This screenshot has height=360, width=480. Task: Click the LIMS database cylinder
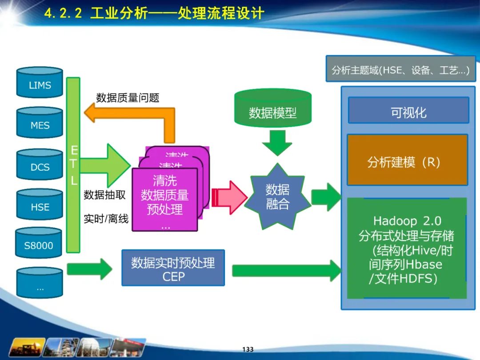pyautogui.click(x=40, y=83)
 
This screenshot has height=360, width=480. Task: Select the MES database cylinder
pyautogui.click(x=40, y=124)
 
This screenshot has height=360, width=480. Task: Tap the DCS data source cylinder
pyautogui.click(x=40, y=165)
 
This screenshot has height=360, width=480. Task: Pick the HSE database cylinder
pyautogui.click(x=40, y=205)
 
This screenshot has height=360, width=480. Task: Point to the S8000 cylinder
pyautogui.click(x=38, y=244)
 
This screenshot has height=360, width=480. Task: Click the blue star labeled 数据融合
pyautogui.click(x=278, y=196)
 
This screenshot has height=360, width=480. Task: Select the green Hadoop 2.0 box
pyautogui.click(x=407, y=248)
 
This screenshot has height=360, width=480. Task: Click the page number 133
pyautogui.click(x=248, y=349)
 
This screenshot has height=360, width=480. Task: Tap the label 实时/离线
pyautogui.click(x=106, y=218)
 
